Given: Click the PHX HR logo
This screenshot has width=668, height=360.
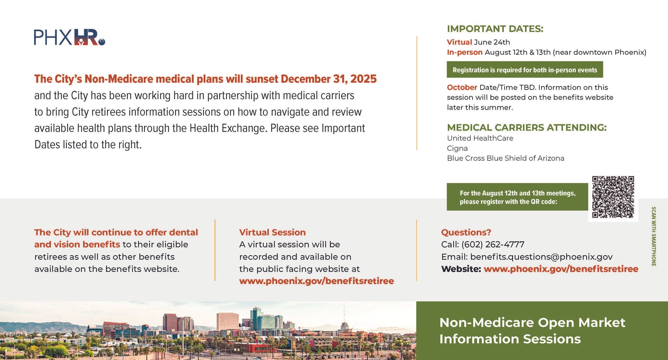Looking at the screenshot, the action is tap(69, 37).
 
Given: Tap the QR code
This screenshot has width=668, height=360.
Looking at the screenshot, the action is tap(613, 197).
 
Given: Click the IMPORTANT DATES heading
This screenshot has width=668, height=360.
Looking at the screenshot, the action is tap(495, 29).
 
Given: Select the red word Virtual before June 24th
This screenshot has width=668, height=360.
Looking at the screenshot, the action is tap(459, 42).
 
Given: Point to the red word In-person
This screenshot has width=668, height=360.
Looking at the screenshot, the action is tap(464, 52).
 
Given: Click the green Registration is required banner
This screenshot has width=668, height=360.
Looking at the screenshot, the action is tap(525, 70).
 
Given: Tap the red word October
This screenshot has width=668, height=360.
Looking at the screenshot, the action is tap(462, 87).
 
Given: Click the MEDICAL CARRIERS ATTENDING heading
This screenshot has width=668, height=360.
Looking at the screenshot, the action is tap(527, 128).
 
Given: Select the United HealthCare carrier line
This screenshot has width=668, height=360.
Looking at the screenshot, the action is tap(480, 138).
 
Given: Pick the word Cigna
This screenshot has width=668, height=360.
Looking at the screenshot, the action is tap(457, 149).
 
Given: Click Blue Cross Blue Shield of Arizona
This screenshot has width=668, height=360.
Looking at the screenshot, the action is tap(506, 158).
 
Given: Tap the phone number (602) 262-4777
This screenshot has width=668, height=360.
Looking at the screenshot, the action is tap(493, 244).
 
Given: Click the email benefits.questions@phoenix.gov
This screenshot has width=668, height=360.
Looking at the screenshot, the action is tap(541, 257).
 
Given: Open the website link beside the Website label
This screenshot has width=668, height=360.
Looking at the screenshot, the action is tap(561, 269).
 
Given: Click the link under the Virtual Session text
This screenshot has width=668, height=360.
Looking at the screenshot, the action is tap(316, 281).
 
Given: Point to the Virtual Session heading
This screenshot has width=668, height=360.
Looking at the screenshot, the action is tap(272, 232).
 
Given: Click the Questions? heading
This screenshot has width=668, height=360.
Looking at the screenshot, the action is tap(466, 232).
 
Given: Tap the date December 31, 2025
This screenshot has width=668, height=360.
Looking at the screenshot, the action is tap(328, 79).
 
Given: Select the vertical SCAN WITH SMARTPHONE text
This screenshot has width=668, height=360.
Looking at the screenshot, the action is tap(653, 236).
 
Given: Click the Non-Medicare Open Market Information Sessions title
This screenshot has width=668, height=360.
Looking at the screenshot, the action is tap(532, 331).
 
